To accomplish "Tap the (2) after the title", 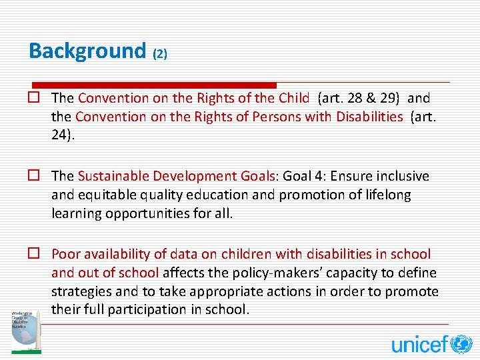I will (x=160, y=54).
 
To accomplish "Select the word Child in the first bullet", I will (x=294, y=98).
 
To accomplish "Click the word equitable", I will (x=107, y=194).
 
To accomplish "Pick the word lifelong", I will (x=385, y=194).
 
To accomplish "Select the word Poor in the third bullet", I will (x=65, y=254).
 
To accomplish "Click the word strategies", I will (x=81, y=291).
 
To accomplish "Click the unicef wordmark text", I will (x=419, y=344).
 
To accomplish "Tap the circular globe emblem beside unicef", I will (x=461, y=344).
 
